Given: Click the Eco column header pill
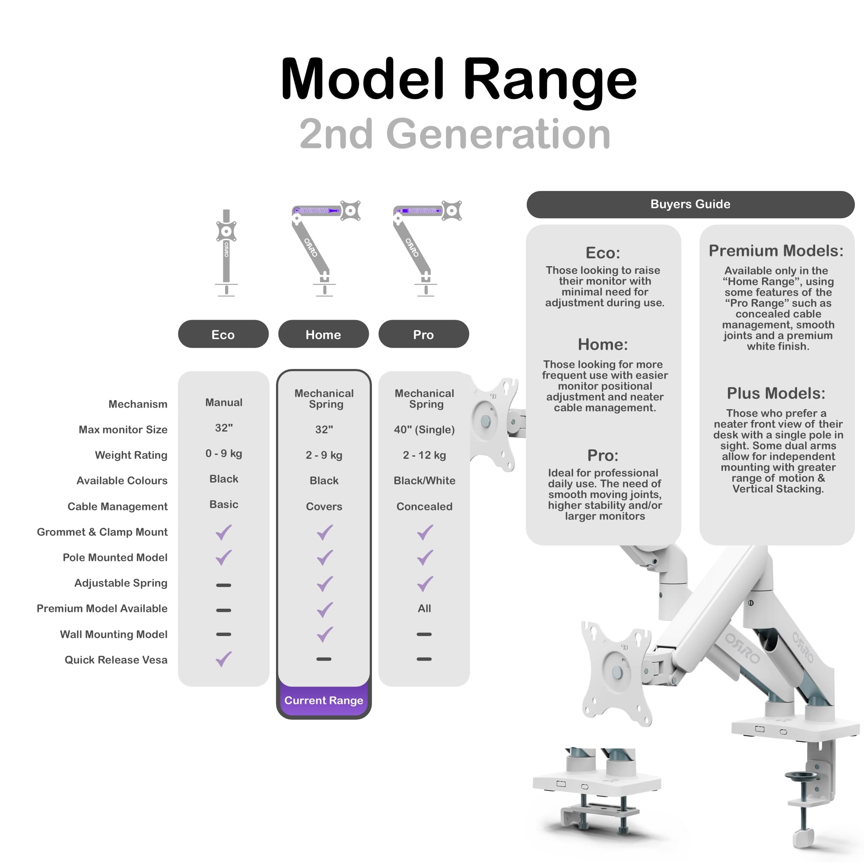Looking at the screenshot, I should [x=223, y=334].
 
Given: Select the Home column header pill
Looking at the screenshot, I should [x=323, y=334].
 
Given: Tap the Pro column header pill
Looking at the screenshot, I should [x=423, y=334].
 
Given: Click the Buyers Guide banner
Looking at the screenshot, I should [x=690, y=204].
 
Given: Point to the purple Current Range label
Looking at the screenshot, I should [x=324, y=700].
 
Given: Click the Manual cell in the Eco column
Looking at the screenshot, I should [x=224, y=403].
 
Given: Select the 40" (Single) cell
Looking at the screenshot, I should [x=424, y=429].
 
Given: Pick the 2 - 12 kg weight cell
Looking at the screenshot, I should [x=424, y=455].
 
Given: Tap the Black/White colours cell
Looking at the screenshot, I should [x=424, y=480].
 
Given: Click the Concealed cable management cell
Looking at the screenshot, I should [x=424, y=506].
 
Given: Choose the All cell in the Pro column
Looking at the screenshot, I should [x=424, y=608].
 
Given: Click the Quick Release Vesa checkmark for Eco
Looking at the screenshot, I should [x=224, y=659].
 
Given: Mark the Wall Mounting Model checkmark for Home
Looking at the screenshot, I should [x=325, y=634].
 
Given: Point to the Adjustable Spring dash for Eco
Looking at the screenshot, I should [x=224, y=585].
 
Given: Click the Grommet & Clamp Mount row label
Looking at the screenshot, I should [x=102, y=532].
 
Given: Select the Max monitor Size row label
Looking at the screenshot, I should [x=123, y=429].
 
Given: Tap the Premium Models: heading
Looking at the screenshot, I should [x=776, y=251].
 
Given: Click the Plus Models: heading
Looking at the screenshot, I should [x=776, y=393].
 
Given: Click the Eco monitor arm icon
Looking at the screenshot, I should [x=226, y=253].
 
